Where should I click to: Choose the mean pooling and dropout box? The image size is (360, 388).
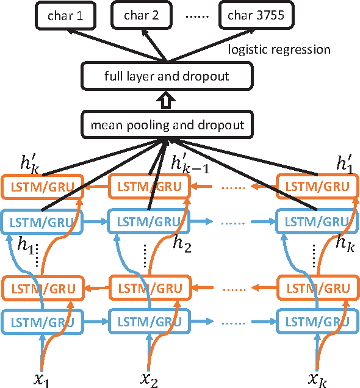[x=167, y=125]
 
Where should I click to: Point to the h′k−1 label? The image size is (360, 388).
[x=190, y=164]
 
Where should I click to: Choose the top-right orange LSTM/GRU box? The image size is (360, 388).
[x=315, y=186]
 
